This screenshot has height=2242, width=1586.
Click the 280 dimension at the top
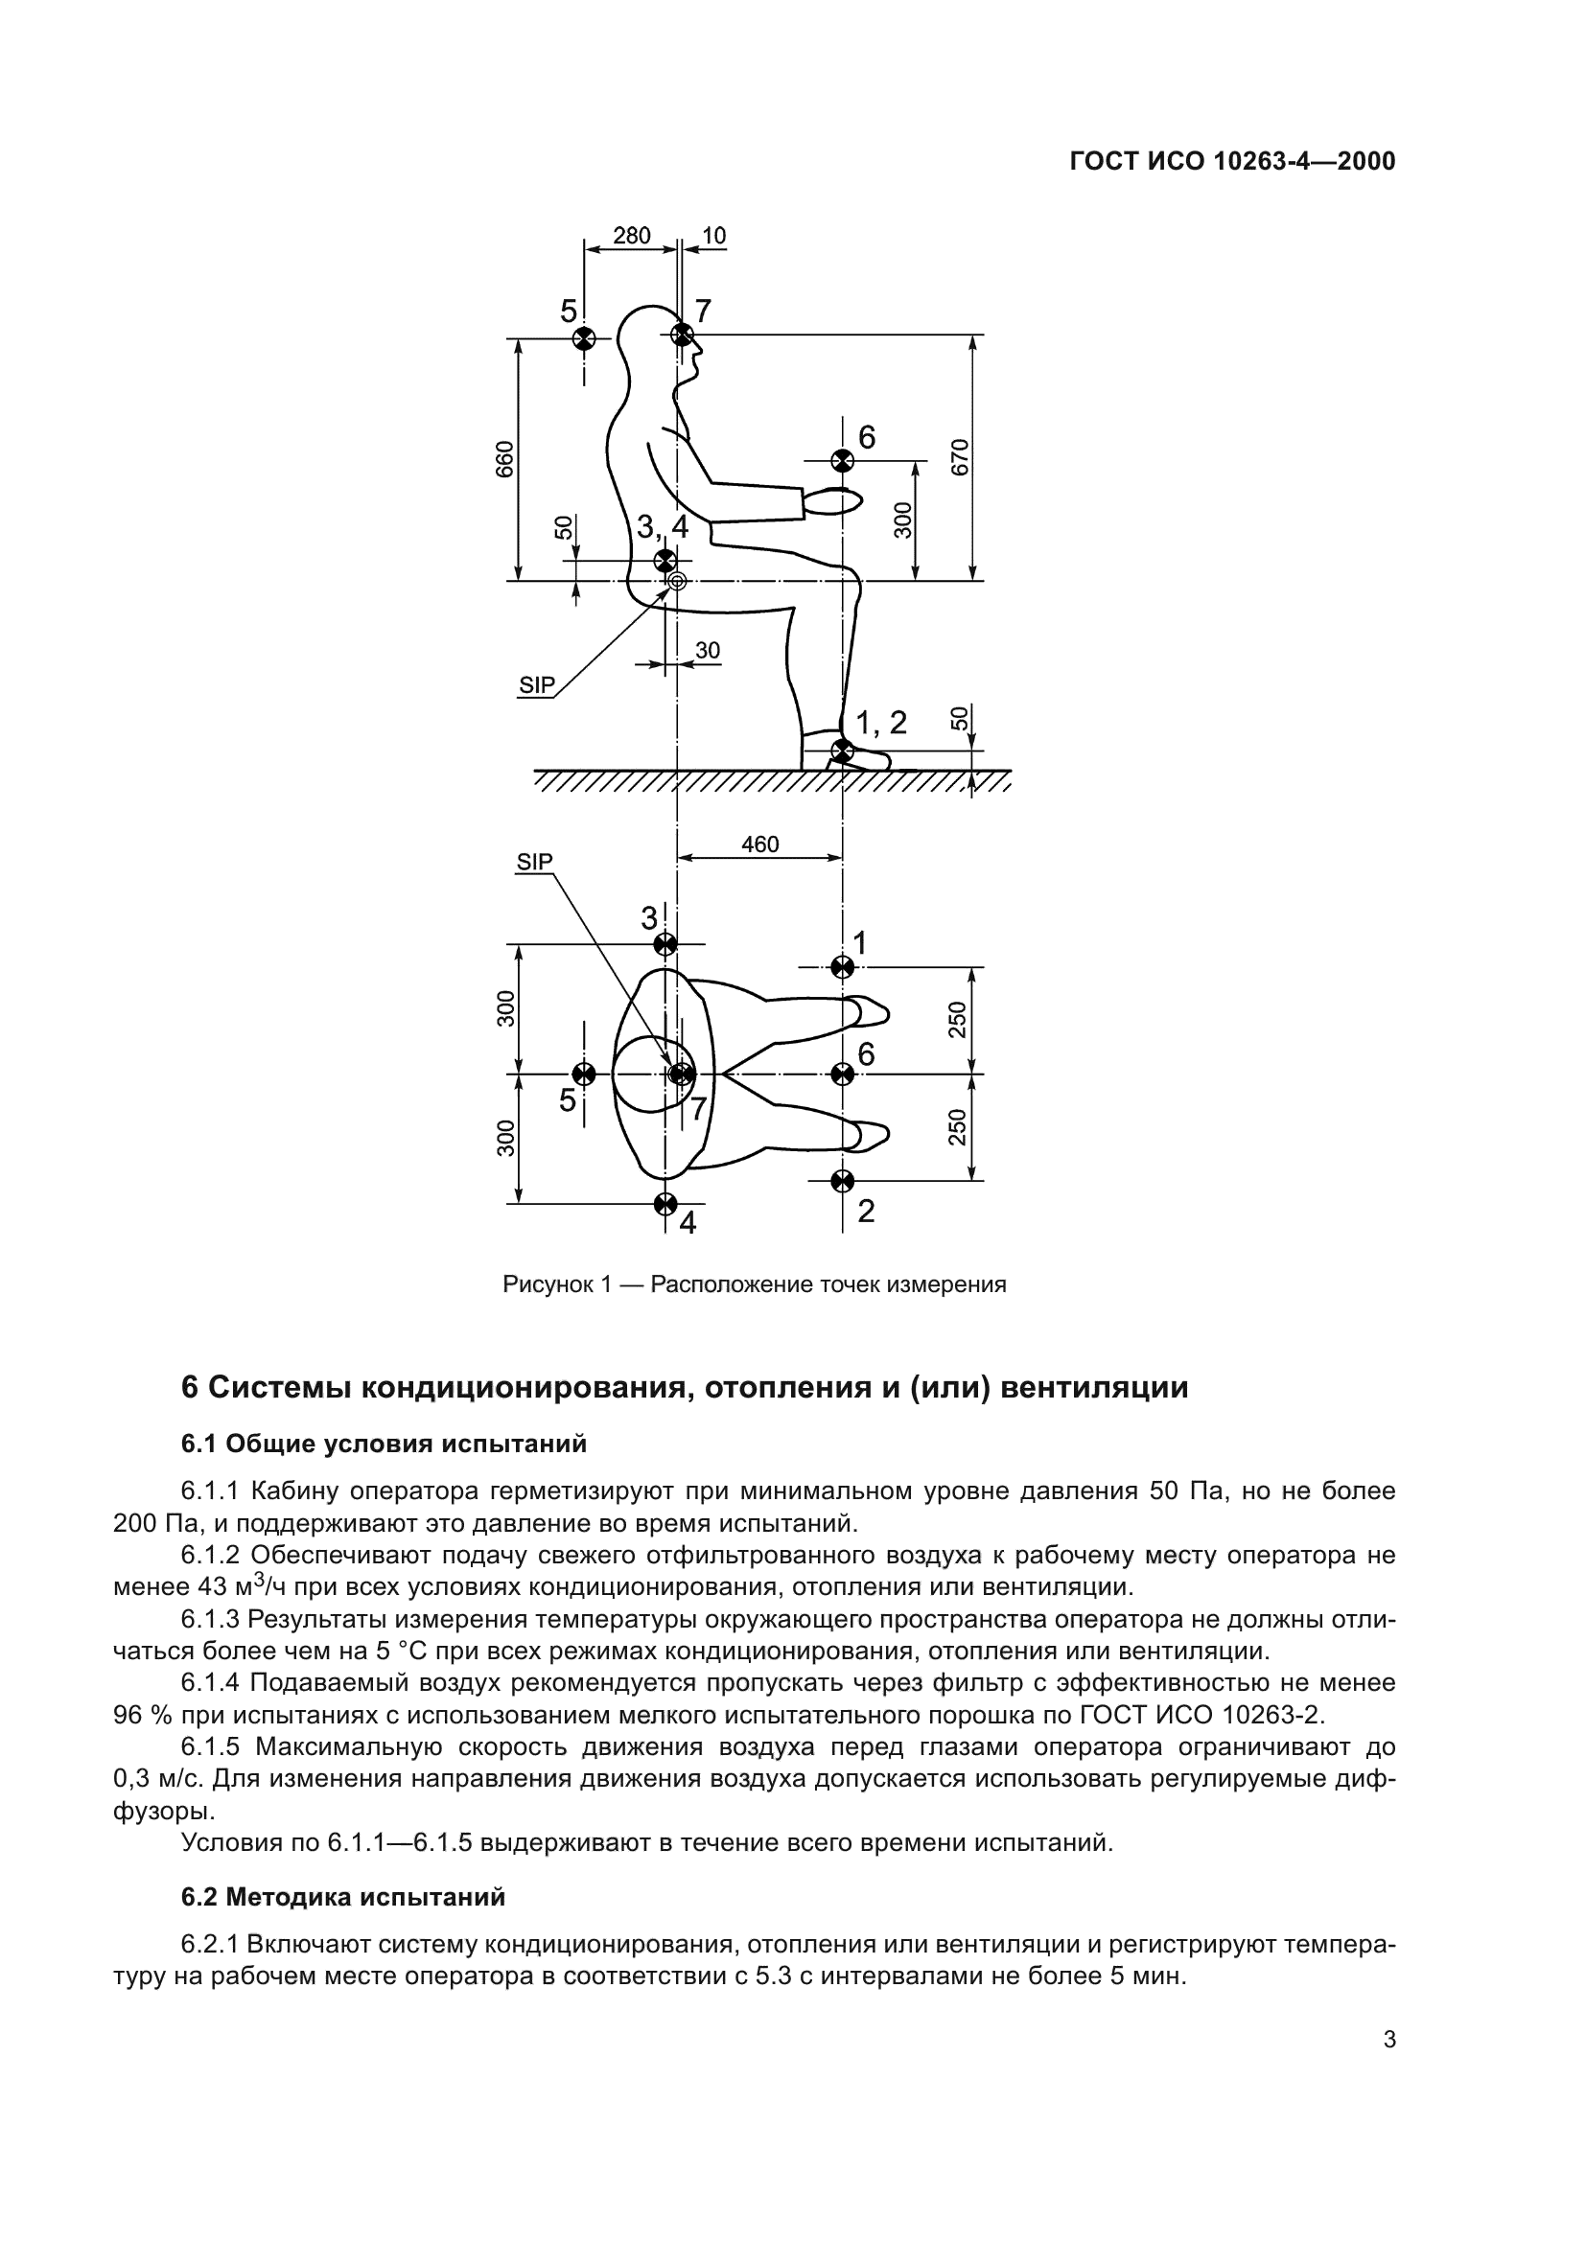(631, 236)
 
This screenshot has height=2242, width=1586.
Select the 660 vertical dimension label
(505, 459)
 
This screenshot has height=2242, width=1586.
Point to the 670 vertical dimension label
(960, 457)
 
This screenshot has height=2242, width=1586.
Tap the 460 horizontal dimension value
(759, 844)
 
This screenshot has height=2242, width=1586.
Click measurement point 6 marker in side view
(841, 460)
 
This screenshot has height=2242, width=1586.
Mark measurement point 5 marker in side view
(583, 337)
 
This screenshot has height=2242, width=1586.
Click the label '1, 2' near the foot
(881, 724)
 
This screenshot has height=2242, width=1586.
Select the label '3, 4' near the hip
(663, 527)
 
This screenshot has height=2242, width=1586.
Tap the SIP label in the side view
(535, 685)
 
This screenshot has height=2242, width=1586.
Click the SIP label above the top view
(534, 863)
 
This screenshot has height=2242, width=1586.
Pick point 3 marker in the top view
(665, 944)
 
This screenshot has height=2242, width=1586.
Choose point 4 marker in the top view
(665, 1203)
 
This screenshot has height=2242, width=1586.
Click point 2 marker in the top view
(842, 1182)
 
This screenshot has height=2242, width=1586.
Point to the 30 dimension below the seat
(707, 650)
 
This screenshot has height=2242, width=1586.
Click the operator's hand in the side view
(833, 502)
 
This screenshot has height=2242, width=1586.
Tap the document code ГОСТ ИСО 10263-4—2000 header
(1232, 162)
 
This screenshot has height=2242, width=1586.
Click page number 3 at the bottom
(1389, 2122)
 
